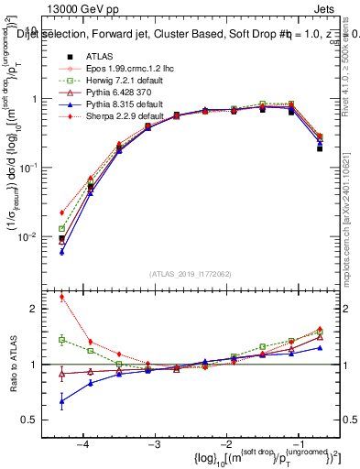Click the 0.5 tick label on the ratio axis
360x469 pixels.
(x=37, y=420)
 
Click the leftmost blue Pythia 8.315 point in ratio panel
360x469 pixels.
(x=61, y=401)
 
